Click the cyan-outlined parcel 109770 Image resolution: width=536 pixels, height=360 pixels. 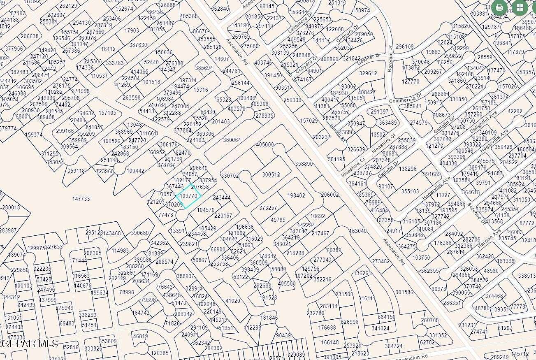coord(189,196)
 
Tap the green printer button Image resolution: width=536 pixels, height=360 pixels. coord(499,7)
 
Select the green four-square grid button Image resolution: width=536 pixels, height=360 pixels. coord(520,7)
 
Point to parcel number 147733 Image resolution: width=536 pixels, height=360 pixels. coord(81,199)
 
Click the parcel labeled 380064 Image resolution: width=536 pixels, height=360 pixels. coord(232,140)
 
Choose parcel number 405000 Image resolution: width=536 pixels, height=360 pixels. coord(265,144)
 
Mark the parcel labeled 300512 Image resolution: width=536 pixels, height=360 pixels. coord(271,174)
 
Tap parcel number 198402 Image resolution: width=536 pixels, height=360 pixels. coord(296,195)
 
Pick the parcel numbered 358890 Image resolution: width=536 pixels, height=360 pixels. coord(304,164)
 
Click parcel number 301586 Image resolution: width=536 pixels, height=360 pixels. coord(404,292)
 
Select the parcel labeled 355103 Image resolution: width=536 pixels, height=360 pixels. coord(410,191)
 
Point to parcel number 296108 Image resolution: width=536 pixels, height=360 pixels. coord(405,46)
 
